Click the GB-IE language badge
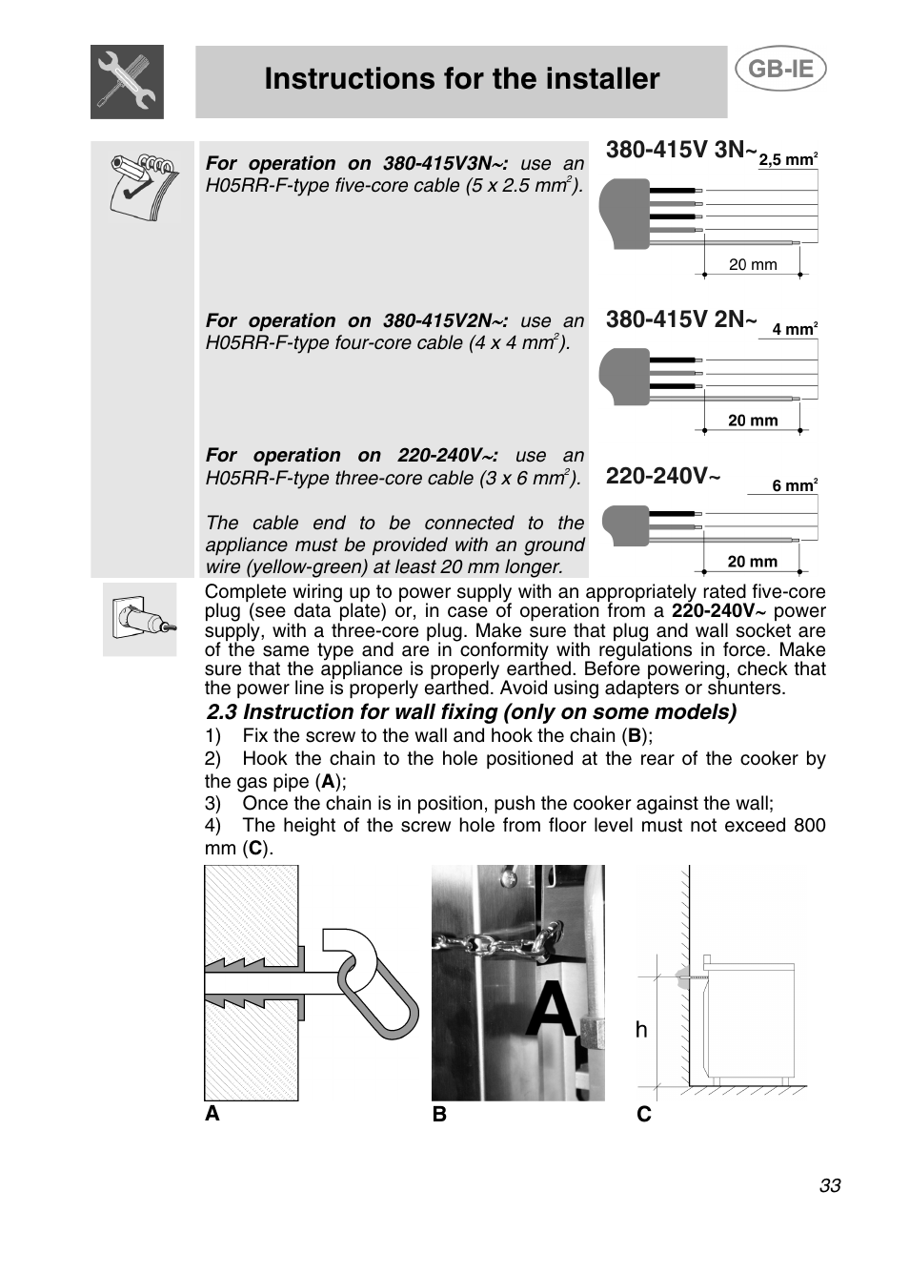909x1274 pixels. click(x=779, y=70)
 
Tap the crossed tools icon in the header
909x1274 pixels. click(x=127, y=82)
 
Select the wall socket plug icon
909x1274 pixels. click(x=140, y=619)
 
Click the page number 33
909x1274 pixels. click(x=829, y=1185)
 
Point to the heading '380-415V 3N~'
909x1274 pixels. click(x=680, y=150)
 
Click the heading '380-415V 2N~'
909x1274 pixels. click(x=680, y=319)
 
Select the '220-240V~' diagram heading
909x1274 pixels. click(x=663, y=476)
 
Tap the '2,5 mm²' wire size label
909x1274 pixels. click(x=787, y=160)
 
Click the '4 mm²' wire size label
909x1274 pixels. click(x=794, y=329)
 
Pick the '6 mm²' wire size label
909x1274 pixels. click(x=794, y=485)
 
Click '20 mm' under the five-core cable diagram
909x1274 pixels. click(x=752, y=265)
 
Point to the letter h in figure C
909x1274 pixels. click(x=641, y=1030)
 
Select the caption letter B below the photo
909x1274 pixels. click(x=439, y=1114)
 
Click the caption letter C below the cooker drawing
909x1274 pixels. click(x=644, y=1114)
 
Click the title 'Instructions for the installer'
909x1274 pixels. click(x=461, y=79)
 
